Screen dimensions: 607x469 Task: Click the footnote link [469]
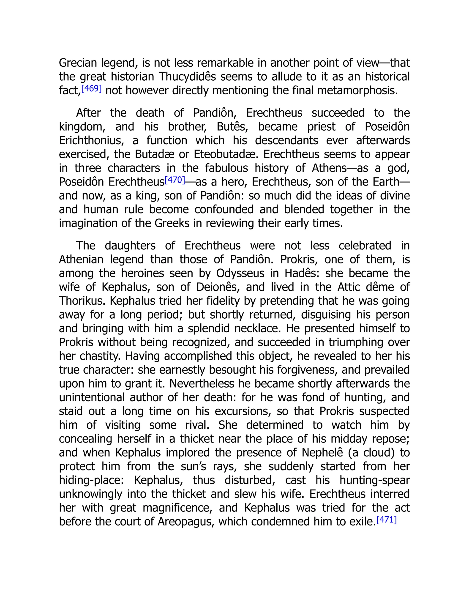pyautogui.click(x=91, y=89)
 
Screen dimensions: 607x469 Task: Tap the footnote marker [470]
pyautogui.click(x=175, y=180)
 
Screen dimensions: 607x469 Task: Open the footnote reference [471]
pyautogui.click(x=386, y=520)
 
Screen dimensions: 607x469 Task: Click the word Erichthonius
pyautogui.click(x=91, y=141)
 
